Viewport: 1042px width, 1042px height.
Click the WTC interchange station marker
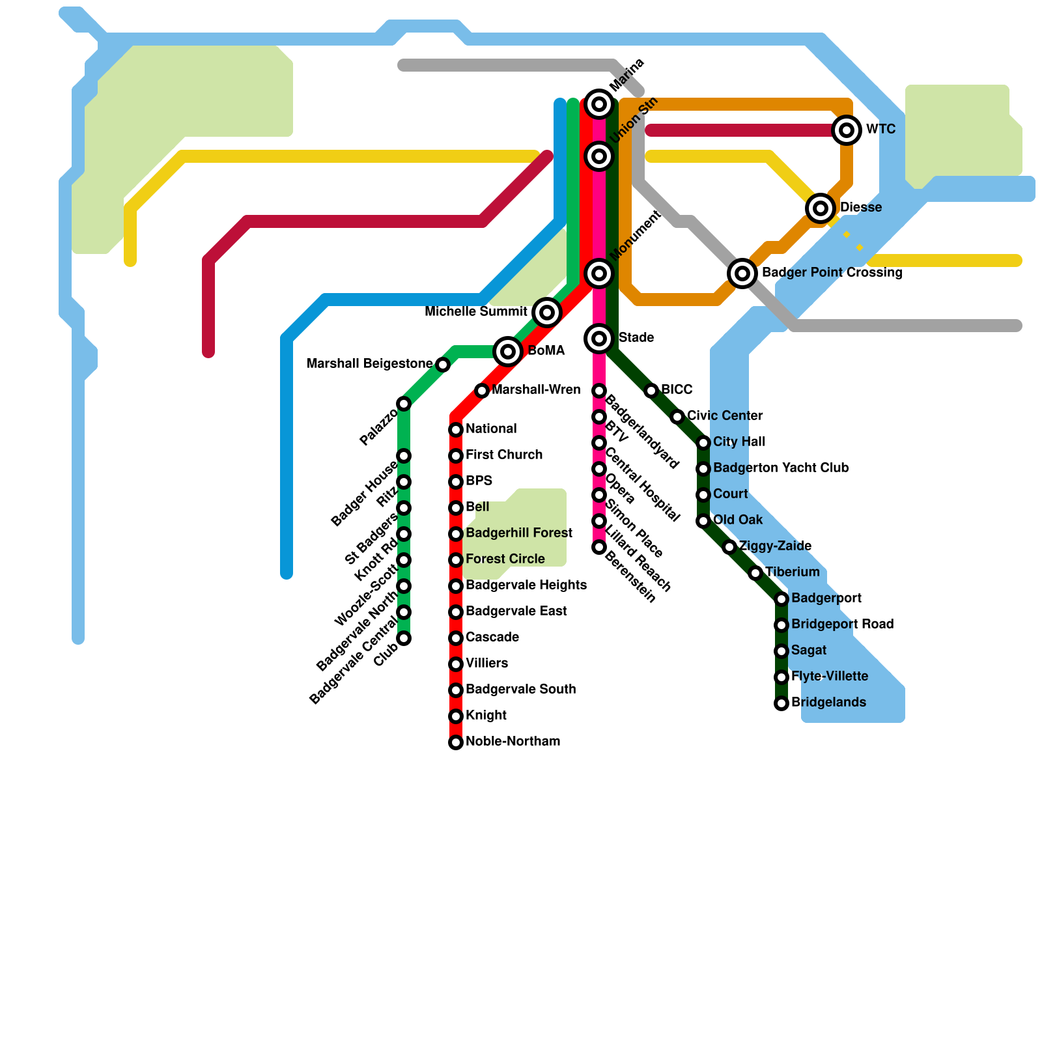pos(847,130)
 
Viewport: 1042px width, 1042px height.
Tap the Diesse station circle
pos(821,208)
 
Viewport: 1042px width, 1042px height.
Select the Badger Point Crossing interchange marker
pos(742,273)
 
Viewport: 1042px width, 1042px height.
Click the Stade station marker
pos(599,338)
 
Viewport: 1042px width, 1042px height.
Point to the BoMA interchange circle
pos(508,352)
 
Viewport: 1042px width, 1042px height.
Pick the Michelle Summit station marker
pos(547,313)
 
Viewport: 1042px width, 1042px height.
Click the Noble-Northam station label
pos(513,742)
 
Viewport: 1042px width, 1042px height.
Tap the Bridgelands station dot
pos(781,703)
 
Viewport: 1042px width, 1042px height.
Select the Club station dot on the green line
pos(404,638)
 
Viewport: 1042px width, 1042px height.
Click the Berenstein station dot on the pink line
pos(599,547)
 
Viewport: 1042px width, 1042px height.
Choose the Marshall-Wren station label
pos(536,390)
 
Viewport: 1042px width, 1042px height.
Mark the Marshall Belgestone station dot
pos(443,365)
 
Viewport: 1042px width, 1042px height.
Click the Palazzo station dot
pos(404,404)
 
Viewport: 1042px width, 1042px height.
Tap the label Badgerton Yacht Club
pos(781,468)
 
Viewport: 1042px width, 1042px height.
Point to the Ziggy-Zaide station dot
pos(729,547)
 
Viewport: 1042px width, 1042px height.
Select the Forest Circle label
pos(505,559)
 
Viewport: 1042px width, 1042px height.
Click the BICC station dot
pos(651,391)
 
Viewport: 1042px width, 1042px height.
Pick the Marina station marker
pos(599,104)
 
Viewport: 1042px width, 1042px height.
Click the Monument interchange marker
pos(599,273)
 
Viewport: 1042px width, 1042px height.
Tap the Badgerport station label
pos(826,598)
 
